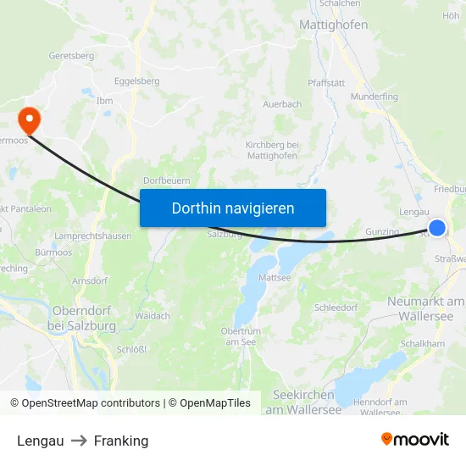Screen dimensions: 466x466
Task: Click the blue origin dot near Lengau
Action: point(437,228)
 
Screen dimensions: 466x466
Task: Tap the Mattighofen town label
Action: point(333,25)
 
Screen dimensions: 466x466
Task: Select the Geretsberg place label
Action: point(72,55)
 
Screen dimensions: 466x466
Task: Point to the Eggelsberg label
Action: point(136,81)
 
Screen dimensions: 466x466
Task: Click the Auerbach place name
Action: point(281,104)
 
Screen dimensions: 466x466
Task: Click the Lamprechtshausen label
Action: point(92,236)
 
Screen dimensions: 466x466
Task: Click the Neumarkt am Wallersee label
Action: point(426,308)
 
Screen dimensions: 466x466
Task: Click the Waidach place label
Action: point(153,315)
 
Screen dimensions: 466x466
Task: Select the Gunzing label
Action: point(381,231)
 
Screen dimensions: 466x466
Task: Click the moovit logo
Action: point(414,439)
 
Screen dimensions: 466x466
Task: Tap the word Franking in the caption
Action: point(121,441)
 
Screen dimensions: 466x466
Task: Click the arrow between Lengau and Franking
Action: point(79,441)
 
